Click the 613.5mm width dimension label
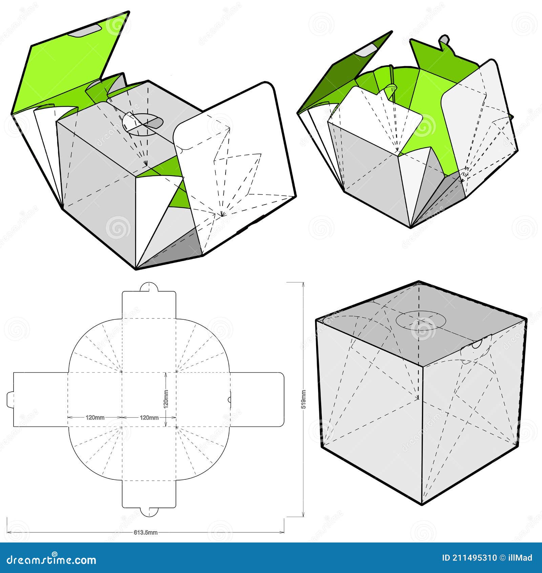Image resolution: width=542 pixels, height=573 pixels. pyautogui.click(x=149, y=532)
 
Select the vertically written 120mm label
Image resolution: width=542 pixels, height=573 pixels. pyautogui.click(x=166, y=399)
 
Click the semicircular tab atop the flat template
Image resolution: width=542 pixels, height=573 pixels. pyautogui.click(x=149, y=286)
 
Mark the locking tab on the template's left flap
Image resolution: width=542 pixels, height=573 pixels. pyautogui.click(x=10, y=399)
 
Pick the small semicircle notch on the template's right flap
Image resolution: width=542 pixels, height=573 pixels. pyautogui.click(x=229, y=400)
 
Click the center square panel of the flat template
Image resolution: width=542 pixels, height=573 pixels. pyautogui.click(x=149, y=399)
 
